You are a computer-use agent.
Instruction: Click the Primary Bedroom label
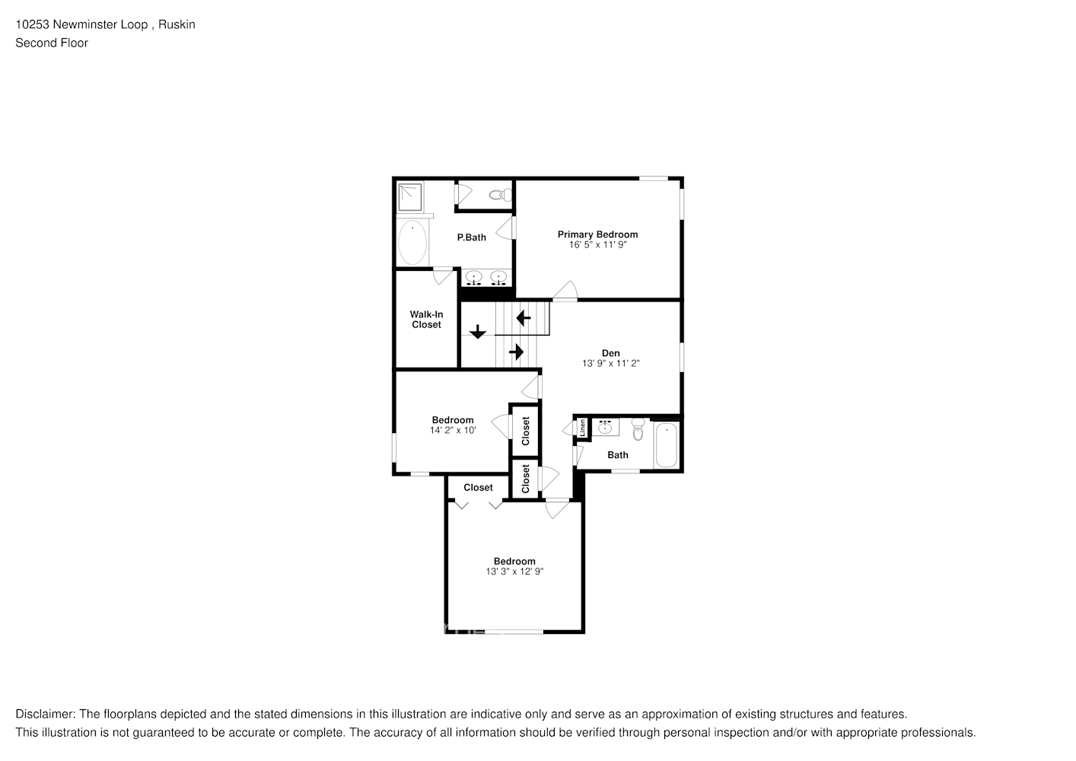(x=597, y=234)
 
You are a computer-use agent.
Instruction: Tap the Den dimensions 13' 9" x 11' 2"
(x=610, y=364)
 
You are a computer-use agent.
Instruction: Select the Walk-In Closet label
(x=426, y=320)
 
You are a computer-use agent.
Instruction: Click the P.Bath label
(x=471, y=237)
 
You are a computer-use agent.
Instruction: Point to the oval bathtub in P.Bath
(x=412, y=242)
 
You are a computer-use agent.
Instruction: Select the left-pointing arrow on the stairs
(x=523, y=317)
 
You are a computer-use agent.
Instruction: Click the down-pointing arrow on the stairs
(x=477, y=332)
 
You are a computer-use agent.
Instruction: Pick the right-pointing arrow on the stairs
(x=517, y=352)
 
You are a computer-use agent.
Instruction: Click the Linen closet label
(x=583, y=428)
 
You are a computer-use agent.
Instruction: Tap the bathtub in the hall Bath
(x=666, y=446)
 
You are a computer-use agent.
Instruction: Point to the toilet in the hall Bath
(x=638, y=431)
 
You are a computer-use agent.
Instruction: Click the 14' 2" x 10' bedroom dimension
(x=453, y=430)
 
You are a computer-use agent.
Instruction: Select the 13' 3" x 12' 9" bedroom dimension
(x=514, y=572)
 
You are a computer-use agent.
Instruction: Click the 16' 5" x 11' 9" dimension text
(x=597, y=245)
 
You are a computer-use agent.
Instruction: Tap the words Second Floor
(x=52, y=43)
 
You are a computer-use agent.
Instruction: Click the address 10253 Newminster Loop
(x=82, y=24)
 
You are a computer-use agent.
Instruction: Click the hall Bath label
(x=618, y=455)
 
